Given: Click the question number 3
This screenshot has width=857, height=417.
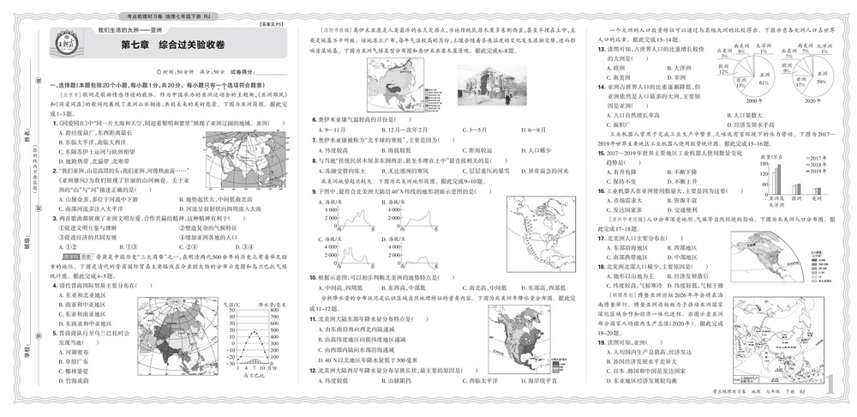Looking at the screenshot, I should [x=57, y=217].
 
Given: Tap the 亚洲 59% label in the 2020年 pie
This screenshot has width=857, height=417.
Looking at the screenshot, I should [x=803, y=82].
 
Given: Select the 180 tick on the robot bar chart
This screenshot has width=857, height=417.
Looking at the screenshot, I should [x=751, y=160].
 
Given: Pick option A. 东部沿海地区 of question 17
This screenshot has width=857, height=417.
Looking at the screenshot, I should [x=630, y=247].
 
